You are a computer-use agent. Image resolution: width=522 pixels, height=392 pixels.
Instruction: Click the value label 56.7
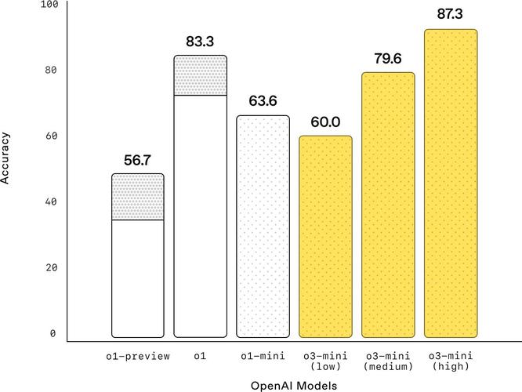[x=137, y=160]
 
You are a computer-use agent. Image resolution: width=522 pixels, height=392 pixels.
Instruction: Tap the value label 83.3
[x=200, y=42]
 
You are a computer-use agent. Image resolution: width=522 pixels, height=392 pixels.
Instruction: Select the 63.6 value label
[x=263, y=101]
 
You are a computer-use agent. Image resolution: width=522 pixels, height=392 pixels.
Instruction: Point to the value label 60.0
[x=325, y=122]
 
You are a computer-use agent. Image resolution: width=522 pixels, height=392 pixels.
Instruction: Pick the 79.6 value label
[x=388, y=58]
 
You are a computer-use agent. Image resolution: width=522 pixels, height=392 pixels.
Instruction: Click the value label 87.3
[x=451, y=15]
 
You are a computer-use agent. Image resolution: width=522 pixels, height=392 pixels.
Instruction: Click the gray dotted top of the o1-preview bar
[x=137, y=197]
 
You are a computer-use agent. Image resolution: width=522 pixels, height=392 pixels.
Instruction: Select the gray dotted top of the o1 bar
[x=200, y=75]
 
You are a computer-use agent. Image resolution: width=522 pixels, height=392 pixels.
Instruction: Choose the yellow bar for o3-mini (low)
[x=325, y=236]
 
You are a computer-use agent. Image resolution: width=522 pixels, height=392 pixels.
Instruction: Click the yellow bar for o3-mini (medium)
[x=388, y=204]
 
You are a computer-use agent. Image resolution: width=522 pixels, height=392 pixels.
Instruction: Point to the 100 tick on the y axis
[x=49, y=5]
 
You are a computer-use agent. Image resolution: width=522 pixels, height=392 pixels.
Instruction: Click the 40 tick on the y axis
[x=52, y=201]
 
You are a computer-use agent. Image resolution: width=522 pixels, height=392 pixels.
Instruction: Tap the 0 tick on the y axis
[x=54, y=333]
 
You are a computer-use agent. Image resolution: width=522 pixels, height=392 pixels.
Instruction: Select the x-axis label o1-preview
[x=137, y=357]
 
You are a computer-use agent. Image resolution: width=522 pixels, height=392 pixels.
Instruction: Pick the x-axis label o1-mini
[x=263, y=357]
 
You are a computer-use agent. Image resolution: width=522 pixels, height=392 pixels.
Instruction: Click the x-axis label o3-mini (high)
[x=451, y=361]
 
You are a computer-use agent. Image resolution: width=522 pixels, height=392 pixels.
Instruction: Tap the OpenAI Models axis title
[x=294, y=386]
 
